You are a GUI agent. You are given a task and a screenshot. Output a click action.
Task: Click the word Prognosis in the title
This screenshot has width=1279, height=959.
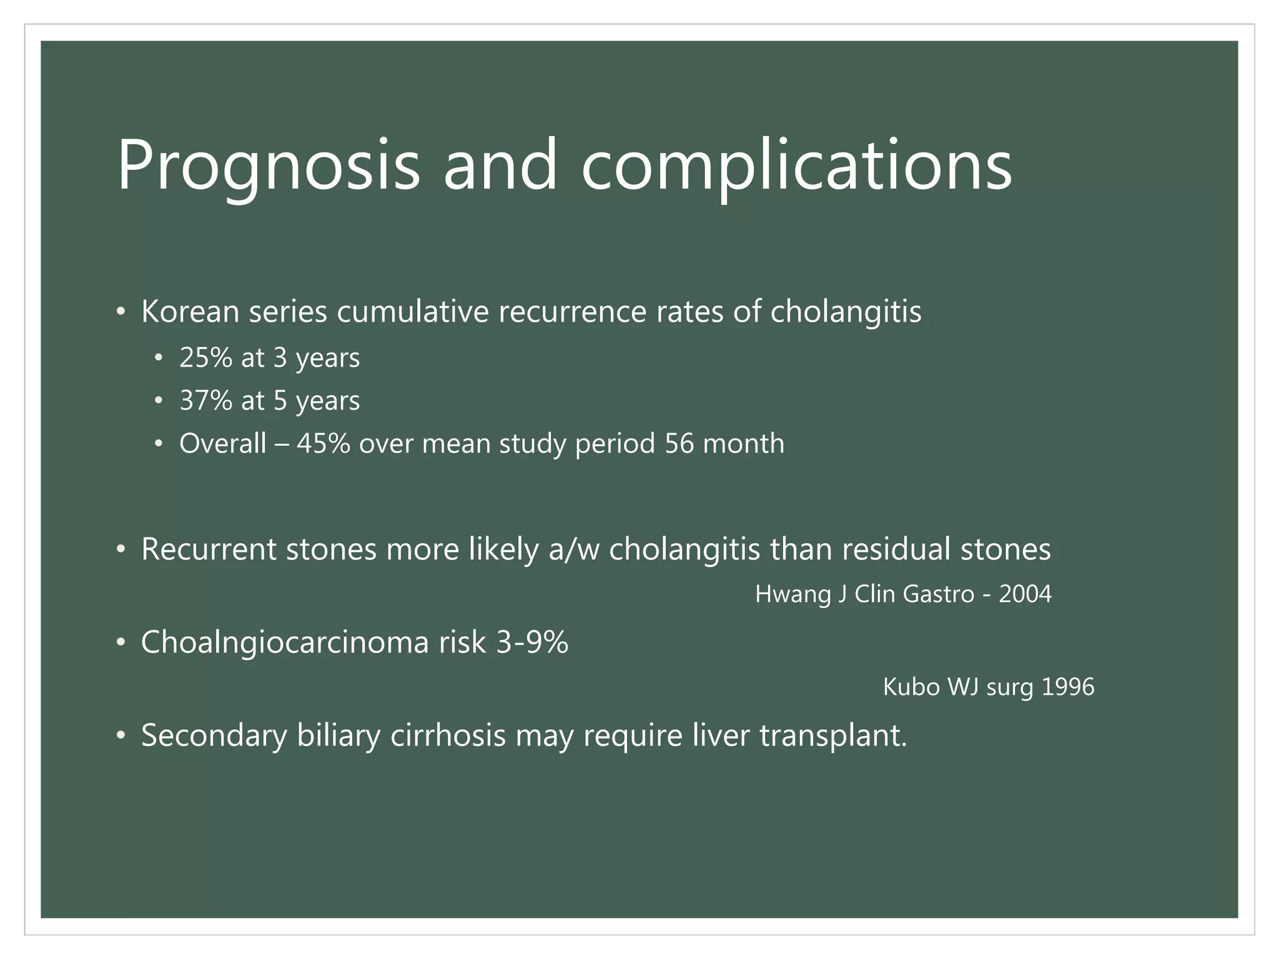269,165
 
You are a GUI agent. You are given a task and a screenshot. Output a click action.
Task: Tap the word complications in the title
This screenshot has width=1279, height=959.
796,165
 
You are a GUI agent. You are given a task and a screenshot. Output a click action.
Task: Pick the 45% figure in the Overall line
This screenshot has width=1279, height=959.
323,443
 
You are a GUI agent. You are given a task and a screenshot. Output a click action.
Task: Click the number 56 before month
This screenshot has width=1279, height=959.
679,443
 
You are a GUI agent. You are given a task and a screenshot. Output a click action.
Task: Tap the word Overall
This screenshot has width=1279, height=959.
222,443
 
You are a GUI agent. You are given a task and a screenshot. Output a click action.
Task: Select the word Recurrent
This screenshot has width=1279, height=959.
209,549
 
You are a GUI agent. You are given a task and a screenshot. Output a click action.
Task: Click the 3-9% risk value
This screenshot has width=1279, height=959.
532,642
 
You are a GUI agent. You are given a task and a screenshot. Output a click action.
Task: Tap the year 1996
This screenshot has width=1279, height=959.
1068,687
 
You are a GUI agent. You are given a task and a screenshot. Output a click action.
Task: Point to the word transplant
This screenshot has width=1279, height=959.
832,735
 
